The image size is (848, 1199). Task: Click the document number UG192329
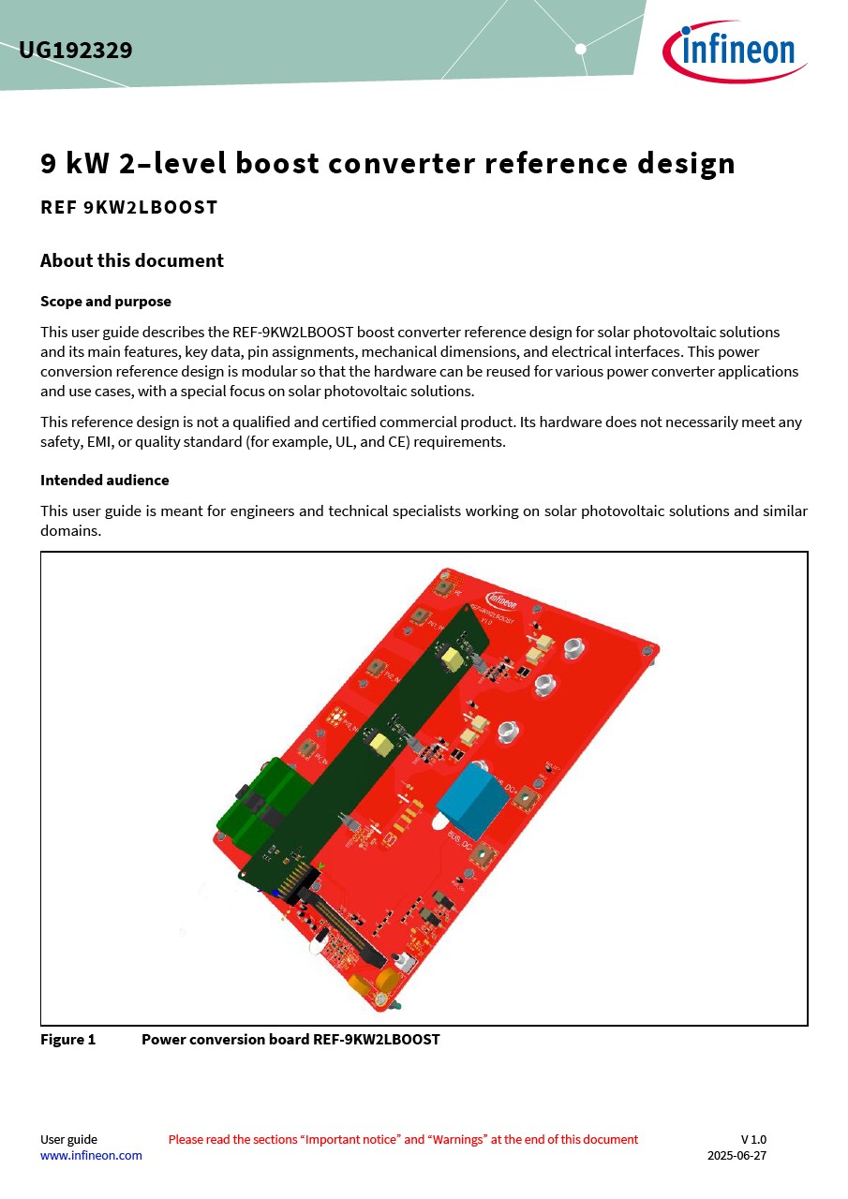76,51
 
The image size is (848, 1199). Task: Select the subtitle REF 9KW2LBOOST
128,208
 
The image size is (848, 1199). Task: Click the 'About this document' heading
132,261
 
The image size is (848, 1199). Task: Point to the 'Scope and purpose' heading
106,302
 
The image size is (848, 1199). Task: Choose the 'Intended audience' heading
105,481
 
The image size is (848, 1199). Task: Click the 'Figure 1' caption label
67,1040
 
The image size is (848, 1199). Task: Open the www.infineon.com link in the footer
91,1156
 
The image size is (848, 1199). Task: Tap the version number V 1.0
753,1140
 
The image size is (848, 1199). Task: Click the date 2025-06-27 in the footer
736,1156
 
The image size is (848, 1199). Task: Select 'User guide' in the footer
68,1140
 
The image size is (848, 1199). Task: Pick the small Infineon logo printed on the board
500,600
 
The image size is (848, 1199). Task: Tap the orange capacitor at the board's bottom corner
358,985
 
